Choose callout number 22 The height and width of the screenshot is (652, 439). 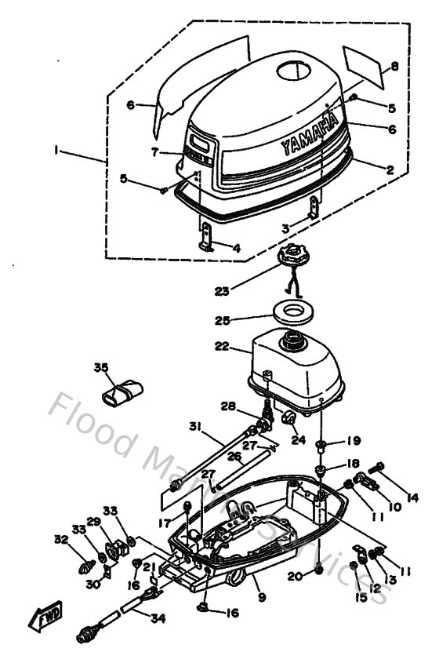point(223,345)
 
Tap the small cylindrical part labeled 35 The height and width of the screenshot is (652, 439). point(127,388)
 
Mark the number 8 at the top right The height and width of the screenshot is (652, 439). point(394,67)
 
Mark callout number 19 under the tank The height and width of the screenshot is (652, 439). point(354,440)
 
